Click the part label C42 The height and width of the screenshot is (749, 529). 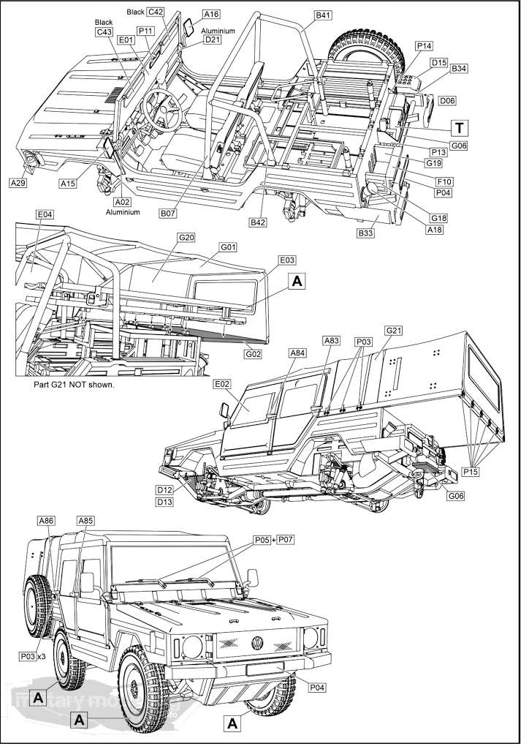(x=156, y=12)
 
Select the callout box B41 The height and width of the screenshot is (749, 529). (x=323, y=15)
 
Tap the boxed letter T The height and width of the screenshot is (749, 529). (x=459, y=127)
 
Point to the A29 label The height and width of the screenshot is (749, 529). (x=18, y=183)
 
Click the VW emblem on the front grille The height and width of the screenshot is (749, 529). (x=257, y=644)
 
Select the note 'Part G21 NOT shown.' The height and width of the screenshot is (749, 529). (x=74, y=385)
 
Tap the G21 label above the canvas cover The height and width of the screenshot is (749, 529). (x=394, y=331)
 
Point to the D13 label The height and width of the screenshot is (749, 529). (x=164, y=502)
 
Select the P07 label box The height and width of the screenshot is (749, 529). (x=287, y=539)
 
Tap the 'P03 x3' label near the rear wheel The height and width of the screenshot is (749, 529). (x=33, y=656)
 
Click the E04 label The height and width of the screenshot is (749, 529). (x=45, y=214)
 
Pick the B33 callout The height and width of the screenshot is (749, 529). (x=365, y=233)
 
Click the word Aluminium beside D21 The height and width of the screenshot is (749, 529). (x=218, y=31)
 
